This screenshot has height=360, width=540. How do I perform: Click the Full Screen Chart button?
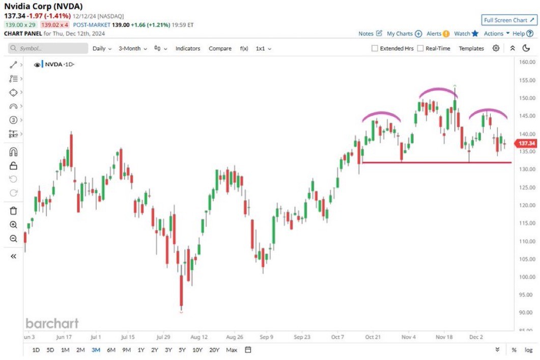509,20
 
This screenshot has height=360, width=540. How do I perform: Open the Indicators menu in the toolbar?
188,48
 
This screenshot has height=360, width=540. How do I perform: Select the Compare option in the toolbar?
220,48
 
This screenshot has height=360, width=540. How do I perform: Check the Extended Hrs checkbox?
375,48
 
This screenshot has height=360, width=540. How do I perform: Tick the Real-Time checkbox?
420,48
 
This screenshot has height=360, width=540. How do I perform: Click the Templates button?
471,48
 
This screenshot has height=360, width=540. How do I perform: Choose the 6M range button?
111,350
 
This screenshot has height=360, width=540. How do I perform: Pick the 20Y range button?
214,350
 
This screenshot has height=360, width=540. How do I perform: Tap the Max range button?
232,350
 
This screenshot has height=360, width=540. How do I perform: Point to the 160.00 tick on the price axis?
527,62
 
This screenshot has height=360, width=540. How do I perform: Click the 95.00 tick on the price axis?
527,295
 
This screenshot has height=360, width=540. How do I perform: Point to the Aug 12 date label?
199,337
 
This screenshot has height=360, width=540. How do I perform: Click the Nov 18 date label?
444,337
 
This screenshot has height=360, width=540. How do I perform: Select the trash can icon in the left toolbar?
14,211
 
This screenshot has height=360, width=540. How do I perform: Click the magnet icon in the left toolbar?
14,152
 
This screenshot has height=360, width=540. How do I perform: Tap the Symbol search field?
48,48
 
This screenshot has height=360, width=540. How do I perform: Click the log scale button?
529,350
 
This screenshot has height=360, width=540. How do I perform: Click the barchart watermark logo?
52,323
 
